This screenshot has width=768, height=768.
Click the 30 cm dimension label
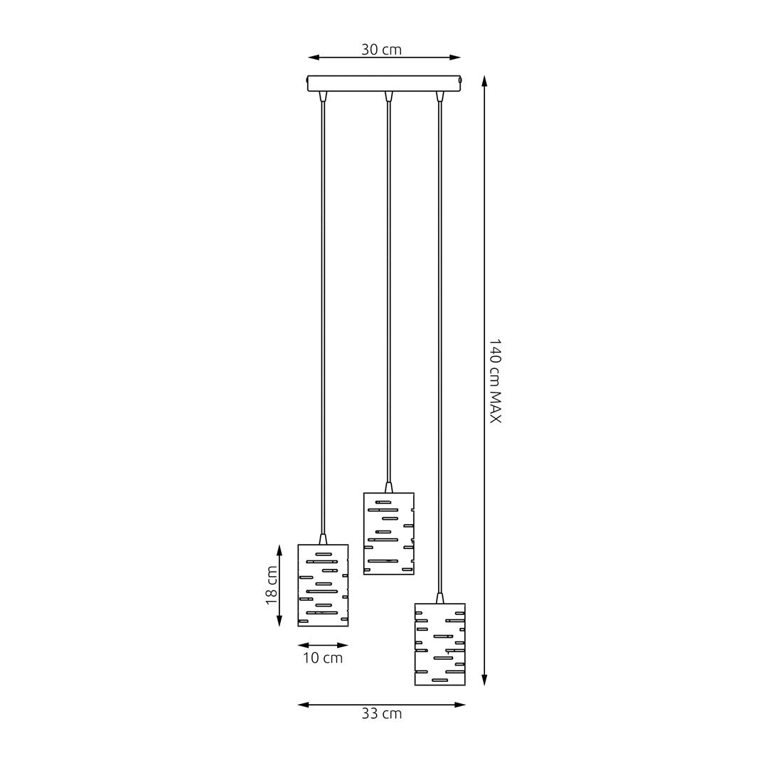click(381, 50)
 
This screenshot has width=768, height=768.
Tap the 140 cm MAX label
click(495, 381)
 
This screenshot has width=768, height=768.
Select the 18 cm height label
click(272, 585)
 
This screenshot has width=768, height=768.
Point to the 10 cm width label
click(323, 658)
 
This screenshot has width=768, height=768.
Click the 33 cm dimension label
click(381, 714)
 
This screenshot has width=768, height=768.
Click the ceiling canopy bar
click(384, 83)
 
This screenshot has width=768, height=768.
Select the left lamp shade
click(323, 585)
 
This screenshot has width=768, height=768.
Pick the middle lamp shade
click(388, 533)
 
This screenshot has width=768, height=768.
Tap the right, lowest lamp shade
click(439, 644)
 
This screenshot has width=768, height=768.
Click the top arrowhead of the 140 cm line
click(484, 80)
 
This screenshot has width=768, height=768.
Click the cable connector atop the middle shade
click(388, 488)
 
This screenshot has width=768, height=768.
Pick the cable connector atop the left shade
click(323, 539)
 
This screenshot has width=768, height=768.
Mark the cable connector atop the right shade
click(439, 598)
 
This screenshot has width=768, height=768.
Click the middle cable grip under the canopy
click(388, 96)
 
